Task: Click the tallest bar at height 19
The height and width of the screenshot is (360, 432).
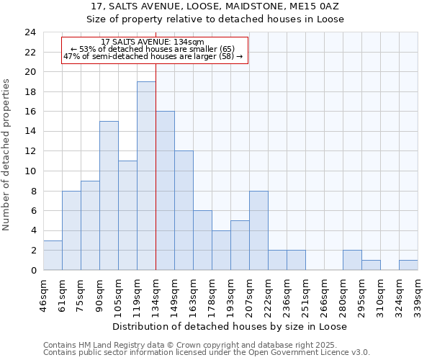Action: pos(146,176)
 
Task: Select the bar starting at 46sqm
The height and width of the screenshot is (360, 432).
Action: pos(53,255)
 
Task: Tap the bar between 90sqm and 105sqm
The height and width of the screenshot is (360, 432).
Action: pos(109,195)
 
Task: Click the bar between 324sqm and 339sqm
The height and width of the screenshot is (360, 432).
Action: pos(408,265)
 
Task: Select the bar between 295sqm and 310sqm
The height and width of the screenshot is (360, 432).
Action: pos(371,265)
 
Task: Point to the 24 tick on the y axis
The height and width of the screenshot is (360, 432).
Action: pos(30,32)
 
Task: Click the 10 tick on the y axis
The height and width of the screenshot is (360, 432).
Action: pos(30,171)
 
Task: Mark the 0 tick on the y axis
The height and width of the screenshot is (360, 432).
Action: pos(33,271)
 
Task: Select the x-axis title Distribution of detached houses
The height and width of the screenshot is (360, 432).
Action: pos(230,326)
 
